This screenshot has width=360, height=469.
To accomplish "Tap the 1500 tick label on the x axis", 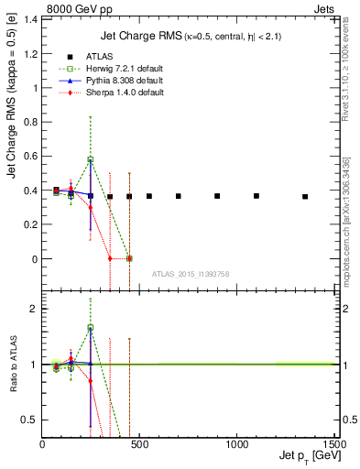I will pyautogui.click(x=334, y=443).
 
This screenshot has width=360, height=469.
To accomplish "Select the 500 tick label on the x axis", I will pyautogui.click(x=139, y=443).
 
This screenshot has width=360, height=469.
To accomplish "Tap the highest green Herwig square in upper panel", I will pyautogui.click(x=90, y=159).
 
